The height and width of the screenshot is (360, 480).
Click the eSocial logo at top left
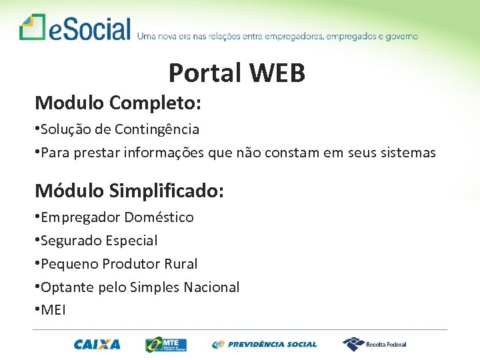75,29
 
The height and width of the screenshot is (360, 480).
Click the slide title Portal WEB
237,73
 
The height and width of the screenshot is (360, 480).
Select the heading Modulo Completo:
118,103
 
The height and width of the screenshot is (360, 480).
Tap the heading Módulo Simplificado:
129,191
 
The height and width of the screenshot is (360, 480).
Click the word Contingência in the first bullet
157,129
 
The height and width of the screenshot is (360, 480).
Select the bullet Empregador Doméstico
117,217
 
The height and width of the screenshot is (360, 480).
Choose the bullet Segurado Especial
99,241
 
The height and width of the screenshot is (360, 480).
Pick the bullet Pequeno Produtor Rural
119,264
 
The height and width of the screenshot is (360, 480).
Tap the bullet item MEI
53,311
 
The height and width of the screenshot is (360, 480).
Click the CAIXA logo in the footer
97,344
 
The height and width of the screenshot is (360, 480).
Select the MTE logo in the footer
166,344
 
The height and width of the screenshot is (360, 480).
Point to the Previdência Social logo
265,344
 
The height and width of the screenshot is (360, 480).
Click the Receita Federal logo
375,344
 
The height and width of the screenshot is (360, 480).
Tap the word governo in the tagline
399,36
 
